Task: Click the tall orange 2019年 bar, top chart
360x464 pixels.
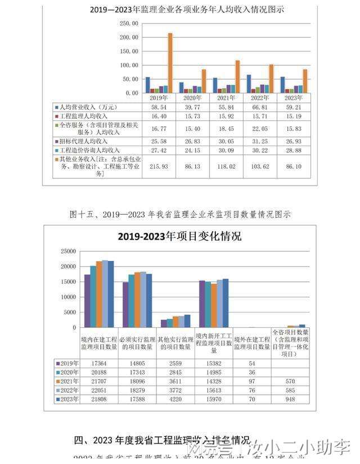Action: click(x=170, y=62)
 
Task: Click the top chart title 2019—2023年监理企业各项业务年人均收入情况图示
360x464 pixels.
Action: click(x=187, y=9)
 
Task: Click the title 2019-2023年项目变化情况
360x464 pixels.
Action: click(x=179, y=237)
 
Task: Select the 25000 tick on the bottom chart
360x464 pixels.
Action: click(x=67, y=251)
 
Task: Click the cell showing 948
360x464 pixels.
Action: click(x=290, y=399)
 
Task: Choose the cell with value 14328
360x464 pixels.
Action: click(x=214, y=381)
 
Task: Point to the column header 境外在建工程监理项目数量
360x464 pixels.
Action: click(x=252, y=344)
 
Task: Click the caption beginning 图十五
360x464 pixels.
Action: click(x=179, y=214)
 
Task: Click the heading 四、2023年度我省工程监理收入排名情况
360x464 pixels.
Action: click(x=163, y=439)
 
